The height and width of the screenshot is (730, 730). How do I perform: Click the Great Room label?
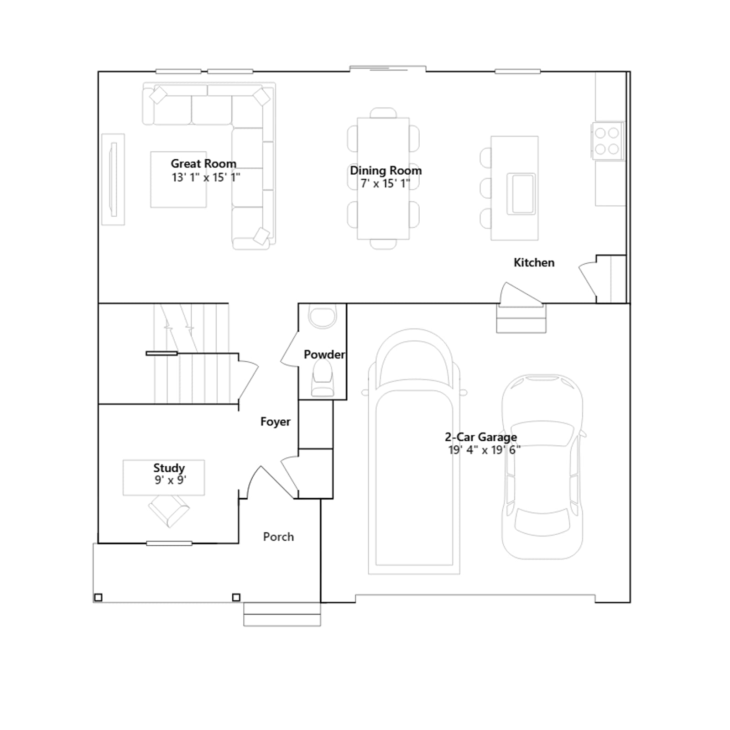[x=203, y=163]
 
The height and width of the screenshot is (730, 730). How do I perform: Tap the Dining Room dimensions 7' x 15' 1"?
[x=386, y=183]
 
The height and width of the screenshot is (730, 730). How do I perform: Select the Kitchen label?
[x=534, y=262]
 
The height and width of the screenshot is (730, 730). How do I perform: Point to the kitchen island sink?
[x=521, y=193]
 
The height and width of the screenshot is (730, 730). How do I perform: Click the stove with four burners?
[x=607, y=141]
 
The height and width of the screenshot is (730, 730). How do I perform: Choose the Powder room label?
[x=324, y=355]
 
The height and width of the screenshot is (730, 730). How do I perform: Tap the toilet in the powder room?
[x=323, y=378]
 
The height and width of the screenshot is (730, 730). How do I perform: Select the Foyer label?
[x=275, y=422]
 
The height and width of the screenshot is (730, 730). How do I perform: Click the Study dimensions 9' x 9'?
[x=170, y=480]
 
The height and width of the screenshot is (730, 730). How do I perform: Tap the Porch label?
[x=278, y=537]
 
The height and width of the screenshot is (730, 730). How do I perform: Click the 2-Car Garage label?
[x=481, y=437]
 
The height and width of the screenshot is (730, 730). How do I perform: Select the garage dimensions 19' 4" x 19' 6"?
[x=484, y=450]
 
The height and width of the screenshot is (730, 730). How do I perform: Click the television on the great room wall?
[x=113, y=179]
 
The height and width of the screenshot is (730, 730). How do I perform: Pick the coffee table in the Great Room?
[x=178, y=180]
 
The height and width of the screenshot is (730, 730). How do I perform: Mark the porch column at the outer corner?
[x=98, y=597]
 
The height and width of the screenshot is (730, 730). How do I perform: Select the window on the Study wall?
[x=169, y=543]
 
